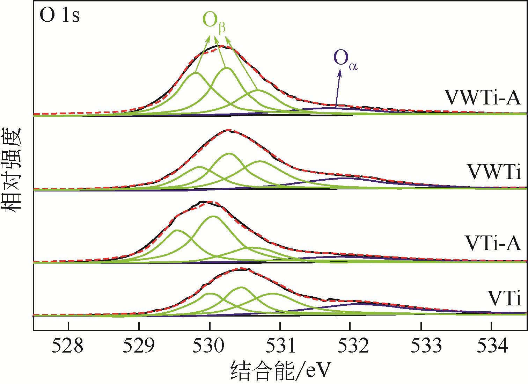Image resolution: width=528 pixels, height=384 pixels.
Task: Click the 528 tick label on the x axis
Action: click(68, 346)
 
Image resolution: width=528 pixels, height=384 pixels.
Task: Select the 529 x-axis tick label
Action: click(139, 346)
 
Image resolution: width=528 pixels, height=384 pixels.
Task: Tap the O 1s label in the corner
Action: click(59, 16)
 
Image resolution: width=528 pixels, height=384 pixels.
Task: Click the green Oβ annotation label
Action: click(213, 22)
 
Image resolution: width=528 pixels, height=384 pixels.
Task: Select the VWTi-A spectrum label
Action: click(483, 98)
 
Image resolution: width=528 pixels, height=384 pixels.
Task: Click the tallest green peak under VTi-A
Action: click(213, 217)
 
